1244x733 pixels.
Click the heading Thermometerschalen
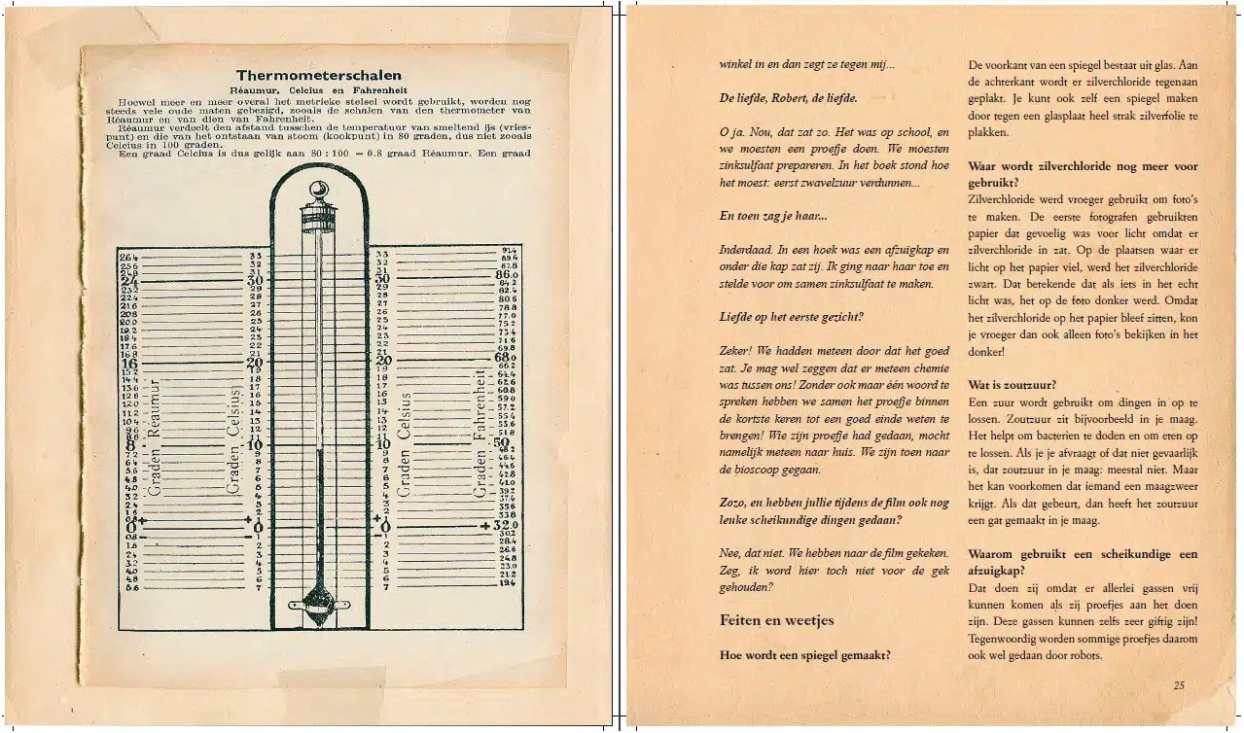[x=318, y=75]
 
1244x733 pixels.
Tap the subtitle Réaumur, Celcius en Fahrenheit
[x=318, y=89]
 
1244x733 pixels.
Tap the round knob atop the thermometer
[x=318, y=191]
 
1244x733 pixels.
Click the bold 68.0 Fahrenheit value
[x=507, y=358]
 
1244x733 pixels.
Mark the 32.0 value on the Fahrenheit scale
[x=507, y=525]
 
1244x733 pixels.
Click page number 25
[x=1179, y=684]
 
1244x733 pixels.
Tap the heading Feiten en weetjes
[x=776, y=620]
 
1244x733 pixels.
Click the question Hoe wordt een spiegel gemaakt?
[x=804, y=655]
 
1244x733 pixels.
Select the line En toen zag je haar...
[x=773, y=216]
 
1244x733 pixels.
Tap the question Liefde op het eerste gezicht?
[x=792, y=317]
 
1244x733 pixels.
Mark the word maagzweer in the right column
[x=1170, y=486]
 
